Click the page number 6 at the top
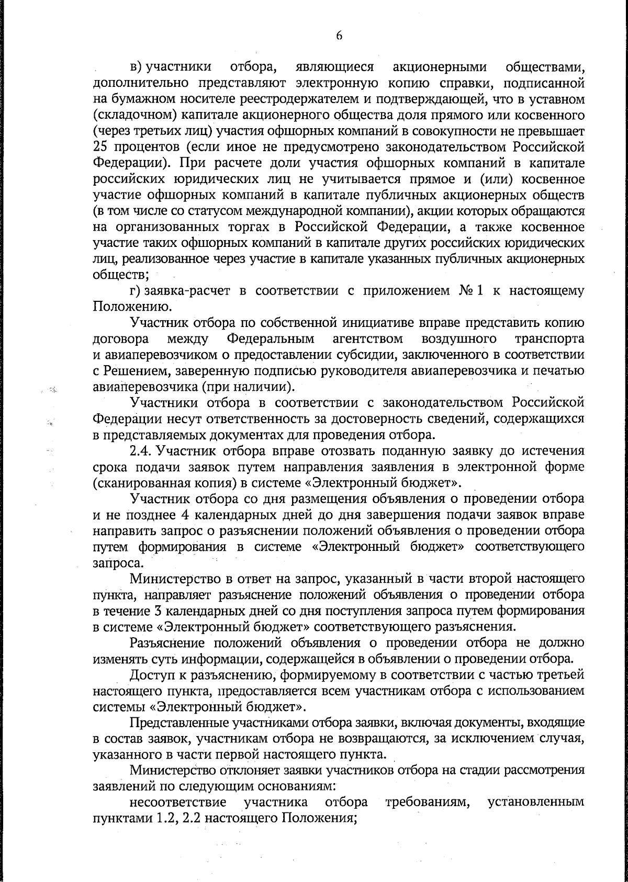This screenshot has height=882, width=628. [x=339, y=36]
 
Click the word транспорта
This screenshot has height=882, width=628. [x=549, y=339]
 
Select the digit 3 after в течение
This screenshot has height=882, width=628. [x=156, y=611]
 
